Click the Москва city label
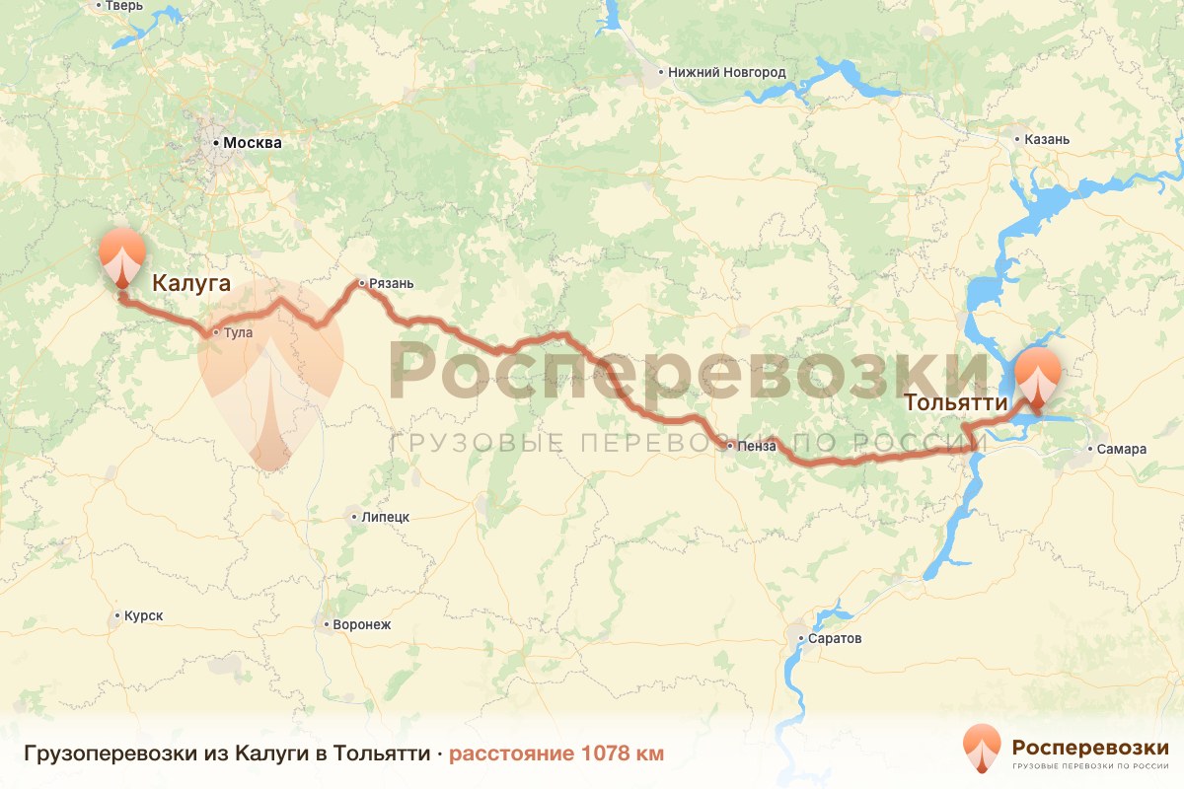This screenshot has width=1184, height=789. click(x=252, y=143)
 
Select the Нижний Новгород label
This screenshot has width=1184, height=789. click(x=726, y=72)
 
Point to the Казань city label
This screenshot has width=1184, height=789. click(x=1047, y=139)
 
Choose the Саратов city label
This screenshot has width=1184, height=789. click(x=835, y=639)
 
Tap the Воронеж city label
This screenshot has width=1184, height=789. click(x=362, y=624)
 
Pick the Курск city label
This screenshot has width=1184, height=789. click(x=143, y=616)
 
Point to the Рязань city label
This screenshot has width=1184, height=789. click(x=392, y=284)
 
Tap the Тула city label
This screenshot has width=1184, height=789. click(x=238, y=332)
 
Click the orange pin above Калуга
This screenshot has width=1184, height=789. click(x=121, y=253)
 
